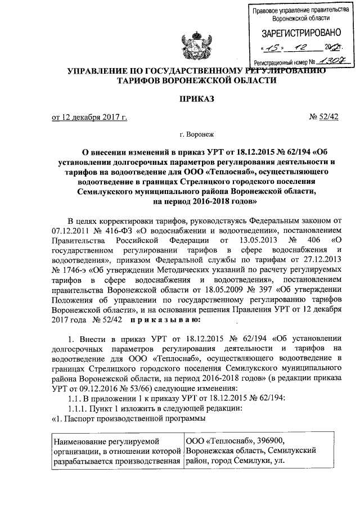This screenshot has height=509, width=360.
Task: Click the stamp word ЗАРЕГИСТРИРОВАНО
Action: pyautogui.click(x=296, y=32)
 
